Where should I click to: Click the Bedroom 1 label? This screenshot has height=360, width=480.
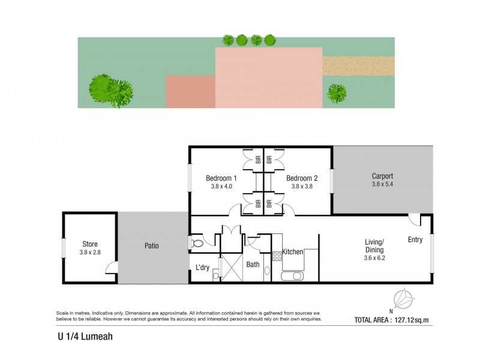coord(221,178)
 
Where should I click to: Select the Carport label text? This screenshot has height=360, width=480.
coord(382,176)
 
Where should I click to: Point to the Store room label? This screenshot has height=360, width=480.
coord(90,244)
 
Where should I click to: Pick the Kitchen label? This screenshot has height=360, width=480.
coord(293,252)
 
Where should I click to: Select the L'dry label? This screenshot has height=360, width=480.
coord(202,268)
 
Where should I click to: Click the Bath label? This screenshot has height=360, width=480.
coord(252,264)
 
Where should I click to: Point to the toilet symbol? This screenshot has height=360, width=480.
coord(197,244)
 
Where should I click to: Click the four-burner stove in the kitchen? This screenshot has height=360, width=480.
coord(277,257)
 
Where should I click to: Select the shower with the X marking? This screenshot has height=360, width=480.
coord(229,268)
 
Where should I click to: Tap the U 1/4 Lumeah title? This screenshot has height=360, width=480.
coord(81,337)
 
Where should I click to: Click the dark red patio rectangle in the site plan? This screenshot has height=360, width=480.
coord(190,92)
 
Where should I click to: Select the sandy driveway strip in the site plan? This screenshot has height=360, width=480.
coord(358,66)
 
